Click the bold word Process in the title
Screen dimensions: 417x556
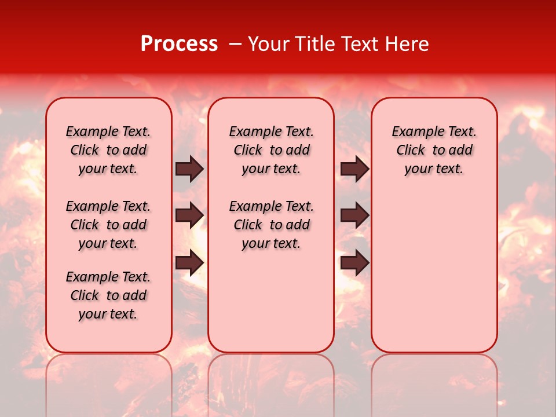point(179,44)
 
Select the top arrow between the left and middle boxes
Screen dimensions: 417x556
point(189,169)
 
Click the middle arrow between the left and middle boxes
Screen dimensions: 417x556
point(189,215)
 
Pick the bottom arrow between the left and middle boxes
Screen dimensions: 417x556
point(189,262)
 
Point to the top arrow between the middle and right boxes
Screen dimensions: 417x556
point(354,169)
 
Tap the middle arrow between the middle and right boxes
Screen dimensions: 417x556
point(354,215)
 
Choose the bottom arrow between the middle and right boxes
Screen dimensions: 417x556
point(354,262)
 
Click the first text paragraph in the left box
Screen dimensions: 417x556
point(108,150)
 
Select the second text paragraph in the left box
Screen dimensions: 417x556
point(108,225)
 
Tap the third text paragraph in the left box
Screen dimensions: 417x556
point(108,295)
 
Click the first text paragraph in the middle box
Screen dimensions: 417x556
point(271,150)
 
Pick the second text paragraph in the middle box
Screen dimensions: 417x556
point(271,225)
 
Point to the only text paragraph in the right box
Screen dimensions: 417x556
point(434,150)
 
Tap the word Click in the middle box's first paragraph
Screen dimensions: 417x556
point(248,151)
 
